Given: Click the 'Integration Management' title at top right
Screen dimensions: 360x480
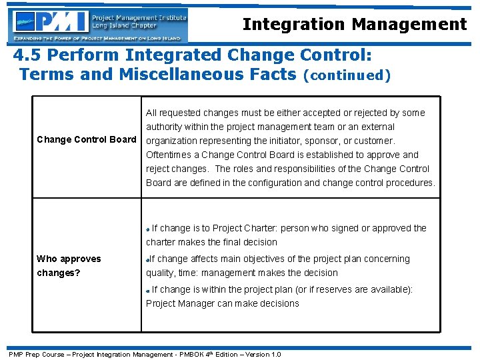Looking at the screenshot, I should coord(355,25).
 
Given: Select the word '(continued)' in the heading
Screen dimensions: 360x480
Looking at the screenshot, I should coord(346,75).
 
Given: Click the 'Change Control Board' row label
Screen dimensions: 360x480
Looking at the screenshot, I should coord(86,140).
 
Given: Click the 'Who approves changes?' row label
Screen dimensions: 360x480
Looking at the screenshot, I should coord(69,265).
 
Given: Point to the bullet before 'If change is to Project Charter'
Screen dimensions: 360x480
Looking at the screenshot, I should coord(148,229).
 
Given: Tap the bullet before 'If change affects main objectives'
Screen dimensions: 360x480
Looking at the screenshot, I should coord(147,259).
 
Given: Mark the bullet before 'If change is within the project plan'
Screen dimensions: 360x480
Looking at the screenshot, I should coord(148,290).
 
